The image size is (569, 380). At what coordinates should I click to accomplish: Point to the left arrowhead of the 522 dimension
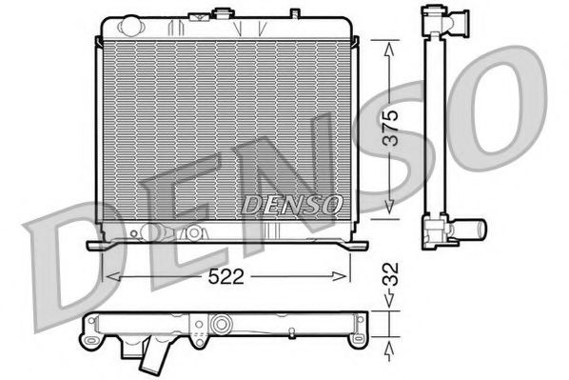tap(108, 277)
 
